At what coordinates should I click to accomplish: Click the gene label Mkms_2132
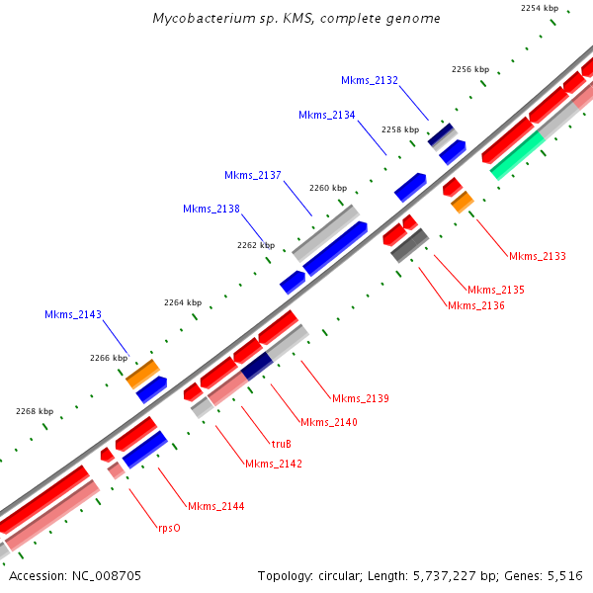[x=370, y=80]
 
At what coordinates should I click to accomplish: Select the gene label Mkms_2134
[x=326, y=115]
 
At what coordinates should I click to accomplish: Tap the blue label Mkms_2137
[x=253, y=175]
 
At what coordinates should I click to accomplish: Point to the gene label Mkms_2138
[x=212, y=209]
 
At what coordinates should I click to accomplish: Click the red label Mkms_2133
[x=538, y=256]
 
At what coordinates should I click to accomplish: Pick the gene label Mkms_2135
[x=496, y=290]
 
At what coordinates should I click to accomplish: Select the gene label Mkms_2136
[x=476, y=305]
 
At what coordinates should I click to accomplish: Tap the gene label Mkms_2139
[x=361, y=398]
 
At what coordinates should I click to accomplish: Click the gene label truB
[x=282, y=444]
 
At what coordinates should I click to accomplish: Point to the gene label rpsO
[x=169, y=528]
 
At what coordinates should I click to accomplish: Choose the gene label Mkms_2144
[x=215, y=506]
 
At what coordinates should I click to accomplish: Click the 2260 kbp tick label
[x=328, y=188]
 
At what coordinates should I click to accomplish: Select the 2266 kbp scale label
[x=109, y=358]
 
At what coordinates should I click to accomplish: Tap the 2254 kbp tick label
[x=540, y=8]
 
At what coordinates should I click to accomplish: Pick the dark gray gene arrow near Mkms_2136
[x=409, y=245]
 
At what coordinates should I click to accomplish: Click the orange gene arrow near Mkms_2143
[x=142, y=374]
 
